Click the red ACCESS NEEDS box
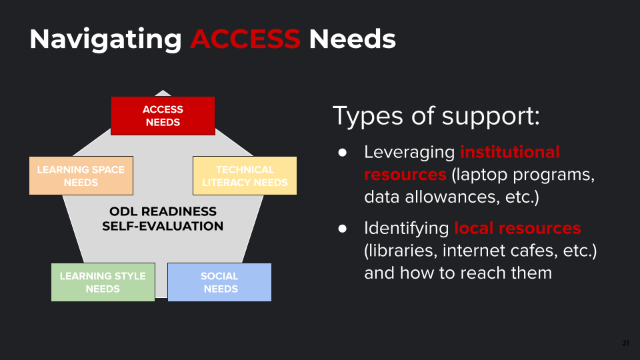pyautogui.click(x=163, y=116)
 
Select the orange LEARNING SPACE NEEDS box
pyautogui.click(x=81, y=176)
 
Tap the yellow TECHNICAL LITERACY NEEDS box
pyautogui.click(x=245, y=176)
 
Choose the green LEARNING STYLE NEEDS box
pyautogui.click(x=103, y=282)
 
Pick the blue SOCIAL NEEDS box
pyautogui.click(x=219, y=282)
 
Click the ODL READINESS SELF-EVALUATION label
pyautogui.click(x=163, y=219)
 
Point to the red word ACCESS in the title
pyautogui.click(x=245, y=39)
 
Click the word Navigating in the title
pyautogui.click(x=105, y=39)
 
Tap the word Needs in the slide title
pyautogui.click(x=352, y=39)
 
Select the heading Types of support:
pyautogui.click(x=435, y=116)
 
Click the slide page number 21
pyautogui.click(x=625, y=343)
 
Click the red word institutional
pyautogui.click(x=509, y=152)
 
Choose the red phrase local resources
pyautogui.click(x=517, y=228)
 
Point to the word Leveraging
pyautogui.click(x=409, y=153)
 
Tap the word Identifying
pyautogui.click(x=406, y=229)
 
